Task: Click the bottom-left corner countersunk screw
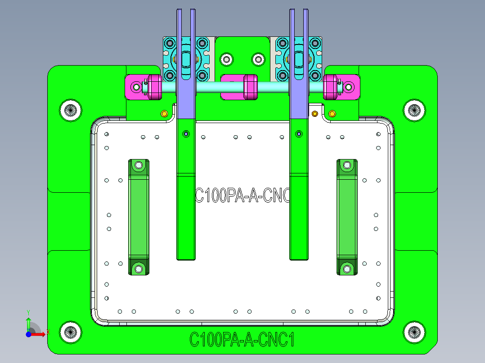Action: point(71,332)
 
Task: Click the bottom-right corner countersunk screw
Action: point(414,332)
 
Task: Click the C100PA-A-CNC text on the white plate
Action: point(242,196)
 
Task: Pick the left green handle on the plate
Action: point(139,217)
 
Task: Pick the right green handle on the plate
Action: point(347,217)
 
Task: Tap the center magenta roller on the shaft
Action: point(250,87)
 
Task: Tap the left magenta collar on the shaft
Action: point(154,87)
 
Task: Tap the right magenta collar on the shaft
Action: point(331,86)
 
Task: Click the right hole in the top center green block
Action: point(258,59)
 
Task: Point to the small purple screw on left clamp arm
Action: point(186,133)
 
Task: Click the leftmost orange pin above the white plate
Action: point(164,113)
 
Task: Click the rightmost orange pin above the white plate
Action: point(332,113)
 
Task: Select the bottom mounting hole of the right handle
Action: point(347,269)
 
